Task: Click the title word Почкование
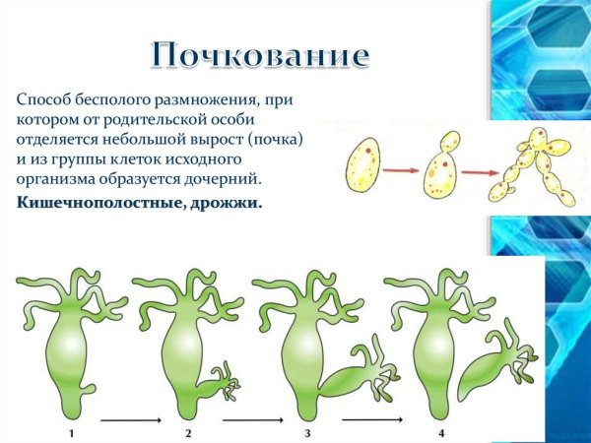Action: point(261,55)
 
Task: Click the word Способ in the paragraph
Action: point(41,99)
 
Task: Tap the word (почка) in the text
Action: point(281,140)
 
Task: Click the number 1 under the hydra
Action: point(71,433)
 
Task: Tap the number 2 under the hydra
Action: point(187,433)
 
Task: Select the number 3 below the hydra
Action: point(307,433)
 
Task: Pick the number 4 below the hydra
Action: point(441,433)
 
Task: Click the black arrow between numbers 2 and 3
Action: point(248,421)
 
